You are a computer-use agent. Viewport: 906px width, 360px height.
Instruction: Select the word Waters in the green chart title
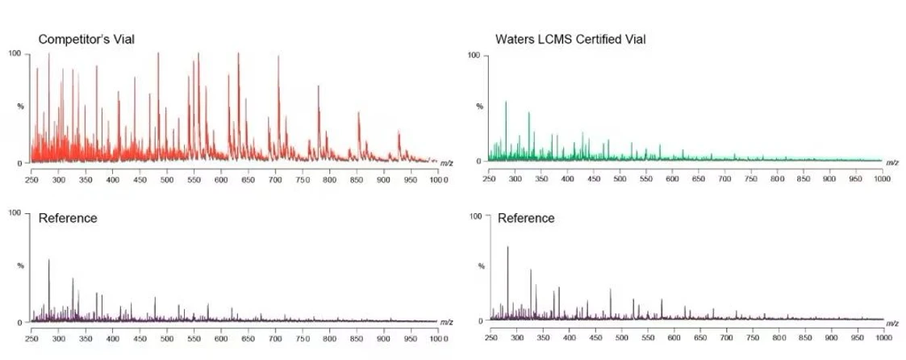tap(516, 39)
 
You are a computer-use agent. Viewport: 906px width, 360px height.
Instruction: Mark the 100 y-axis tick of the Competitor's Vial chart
tap(14, 53)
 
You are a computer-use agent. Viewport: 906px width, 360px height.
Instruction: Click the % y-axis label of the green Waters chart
tap(479, 107)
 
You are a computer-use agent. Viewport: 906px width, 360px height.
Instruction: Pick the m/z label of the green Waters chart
tap(892, 162)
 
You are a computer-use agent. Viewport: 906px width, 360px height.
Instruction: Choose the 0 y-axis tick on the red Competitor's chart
tap(21, 163)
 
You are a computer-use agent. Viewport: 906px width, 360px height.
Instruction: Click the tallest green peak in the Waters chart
tap(506, 103)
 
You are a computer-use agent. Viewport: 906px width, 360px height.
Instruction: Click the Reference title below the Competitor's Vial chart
tap(68, 218)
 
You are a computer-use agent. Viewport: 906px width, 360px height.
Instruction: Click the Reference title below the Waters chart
tap(526, 218)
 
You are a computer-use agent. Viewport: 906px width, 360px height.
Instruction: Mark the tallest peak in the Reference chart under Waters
tap(507, 248)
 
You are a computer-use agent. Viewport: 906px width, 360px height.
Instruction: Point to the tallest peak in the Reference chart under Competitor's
tap(48, 261)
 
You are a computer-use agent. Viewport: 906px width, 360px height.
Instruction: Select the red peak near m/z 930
tap(399, 132)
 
